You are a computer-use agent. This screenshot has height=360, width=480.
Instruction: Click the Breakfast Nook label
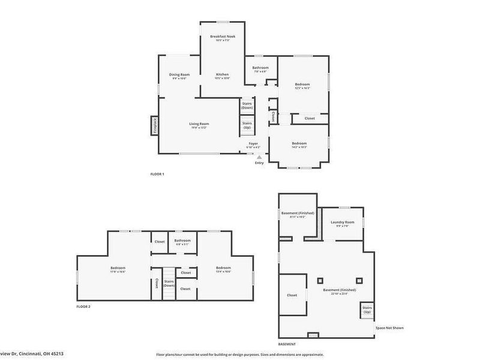click(x=222, y=37)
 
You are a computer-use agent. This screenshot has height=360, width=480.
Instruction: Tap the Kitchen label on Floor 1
click(x=222, y=74)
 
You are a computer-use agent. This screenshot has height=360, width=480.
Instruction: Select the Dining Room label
click(x=179, y=74)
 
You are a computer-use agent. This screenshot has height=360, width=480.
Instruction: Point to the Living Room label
click(x=200, y=124)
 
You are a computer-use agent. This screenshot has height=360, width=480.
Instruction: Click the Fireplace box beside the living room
click(x=154, y=126)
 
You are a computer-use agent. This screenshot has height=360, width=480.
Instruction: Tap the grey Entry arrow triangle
click(x=259, y=157)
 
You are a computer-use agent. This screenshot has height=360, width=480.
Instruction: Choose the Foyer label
click(x=254, y=144)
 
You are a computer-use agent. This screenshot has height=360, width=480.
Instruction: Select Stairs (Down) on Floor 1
click(x=247, y=106)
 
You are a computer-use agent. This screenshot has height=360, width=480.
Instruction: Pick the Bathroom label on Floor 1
click(x=260, y=68)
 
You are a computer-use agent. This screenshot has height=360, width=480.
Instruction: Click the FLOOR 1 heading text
click(x=157, y=174)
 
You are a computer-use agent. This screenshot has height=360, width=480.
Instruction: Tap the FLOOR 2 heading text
click(x=83, y=307)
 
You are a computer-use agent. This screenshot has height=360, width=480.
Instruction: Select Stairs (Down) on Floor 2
click(x=169, y=283)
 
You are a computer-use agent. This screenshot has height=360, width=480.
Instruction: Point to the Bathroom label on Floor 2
click(x=182, y=241)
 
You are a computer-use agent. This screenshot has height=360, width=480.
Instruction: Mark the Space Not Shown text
click(x=389, y=328)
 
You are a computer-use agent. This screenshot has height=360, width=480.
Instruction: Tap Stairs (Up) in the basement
click(x=367, y=311)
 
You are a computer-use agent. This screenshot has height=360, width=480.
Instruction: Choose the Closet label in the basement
click(x=292, y=295)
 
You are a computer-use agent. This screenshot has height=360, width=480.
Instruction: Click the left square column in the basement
click(x=320, y=280)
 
